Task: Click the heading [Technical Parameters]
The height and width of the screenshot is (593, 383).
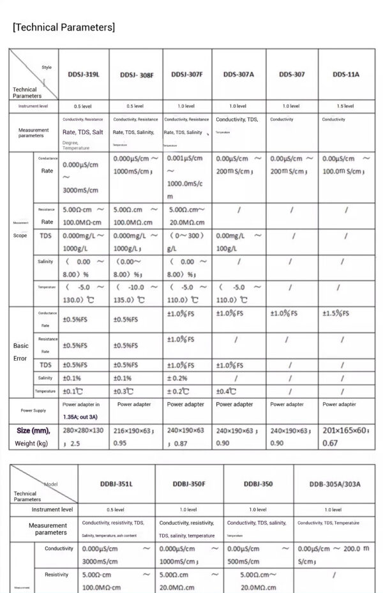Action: click(x=64, y=27)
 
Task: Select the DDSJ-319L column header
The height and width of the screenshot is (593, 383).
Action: click(x=84, y=74)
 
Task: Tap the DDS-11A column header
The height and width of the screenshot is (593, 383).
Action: click(x=345, y=74)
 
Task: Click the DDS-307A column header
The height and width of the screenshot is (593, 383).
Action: click(x=239, y=74)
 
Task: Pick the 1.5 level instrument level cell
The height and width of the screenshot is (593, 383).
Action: click(x=345, y=106)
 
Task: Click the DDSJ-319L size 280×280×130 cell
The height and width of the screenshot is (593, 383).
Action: click(x=83, y=437)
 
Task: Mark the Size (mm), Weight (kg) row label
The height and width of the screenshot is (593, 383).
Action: click(x=33, y=437)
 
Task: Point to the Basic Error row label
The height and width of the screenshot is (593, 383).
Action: click(x=20, y=352)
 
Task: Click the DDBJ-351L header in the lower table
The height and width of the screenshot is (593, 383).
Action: click(x=116, y=484)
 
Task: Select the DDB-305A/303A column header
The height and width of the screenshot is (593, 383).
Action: click(x=335, y=484)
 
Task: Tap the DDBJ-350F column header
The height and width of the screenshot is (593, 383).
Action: click(x=188, y=484)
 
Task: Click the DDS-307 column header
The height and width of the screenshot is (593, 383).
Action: click(x=292, y=74)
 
